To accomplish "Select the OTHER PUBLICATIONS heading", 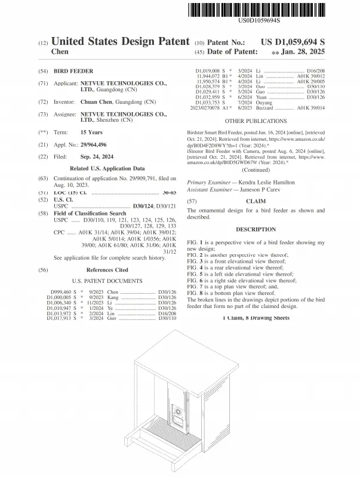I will tap(257, 121).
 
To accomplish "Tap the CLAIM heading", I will tap(256, 202).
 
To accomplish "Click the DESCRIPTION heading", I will tap(256, 229).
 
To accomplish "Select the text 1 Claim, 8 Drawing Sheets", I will tap(256, 317).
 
